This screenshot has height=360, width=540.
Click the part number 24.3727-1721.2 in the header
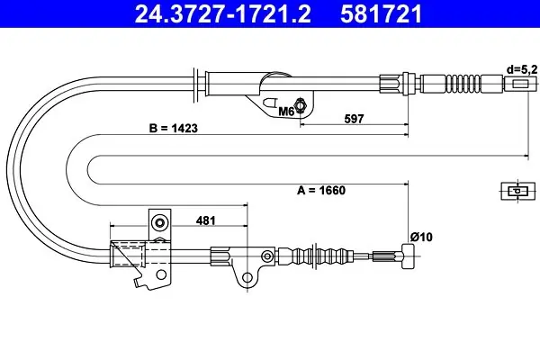(223, 13)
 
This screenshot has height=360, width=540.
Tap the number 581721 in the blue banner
(381, 13)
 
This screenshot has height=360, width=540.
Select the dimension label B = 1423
(174, 128)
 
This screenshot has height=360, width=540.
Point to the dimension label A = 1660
(321, 190)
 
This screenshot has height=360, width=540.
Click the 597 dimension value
(354, 119)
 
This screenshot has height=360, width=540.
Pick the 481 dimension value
(205, 220)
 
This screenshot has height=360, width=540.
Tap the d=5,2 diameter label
(522, 70)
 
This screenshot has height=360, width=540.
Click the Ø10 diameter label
(421, 237)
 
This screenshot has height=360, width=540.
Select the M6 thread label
(286, 112)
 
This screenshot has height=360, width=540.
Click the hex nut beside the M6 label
(301, 105)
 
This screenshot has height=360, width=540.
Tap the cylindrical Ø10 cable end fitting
(408, 256)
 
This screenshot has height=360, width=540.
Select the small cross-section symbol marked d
(517, 191)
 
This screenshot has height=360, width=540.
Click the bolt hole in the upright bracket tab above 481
(159, 223)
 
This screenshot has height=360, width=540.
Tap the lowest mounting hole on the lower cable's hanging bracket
(247, 277)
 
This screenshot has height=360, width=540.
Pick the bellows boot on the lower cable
(322, 256)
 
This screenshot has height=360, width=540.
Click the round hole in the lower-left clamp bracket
(160, 274)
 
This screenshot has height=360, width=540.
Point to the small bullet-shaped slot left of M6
(270, 103)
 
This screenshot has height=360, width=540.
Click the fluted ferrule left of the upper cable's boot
(391, 84)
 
